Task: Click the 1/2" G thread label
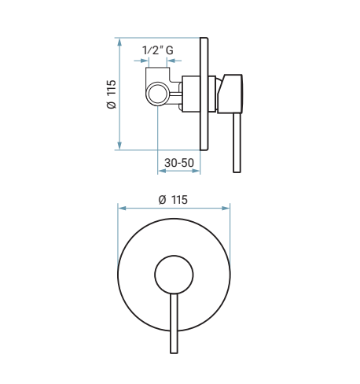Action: click(158, 50)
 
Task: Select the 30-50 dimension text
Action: click(179, 163)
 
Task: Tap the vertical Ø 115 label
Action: click(112, 94)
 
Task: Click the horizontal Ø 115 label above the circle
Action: click(173, 200)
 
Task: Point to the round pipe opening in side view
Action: click(158, 94)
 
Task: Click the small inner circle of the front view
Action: click(174, 275)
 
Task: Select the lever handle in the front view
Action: click(174, 323)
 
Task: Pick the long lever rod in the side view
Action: click(237, 143)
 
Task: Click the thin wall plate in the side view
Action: click(204, 94)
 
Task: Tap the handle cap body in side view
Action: click(230, 94)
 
